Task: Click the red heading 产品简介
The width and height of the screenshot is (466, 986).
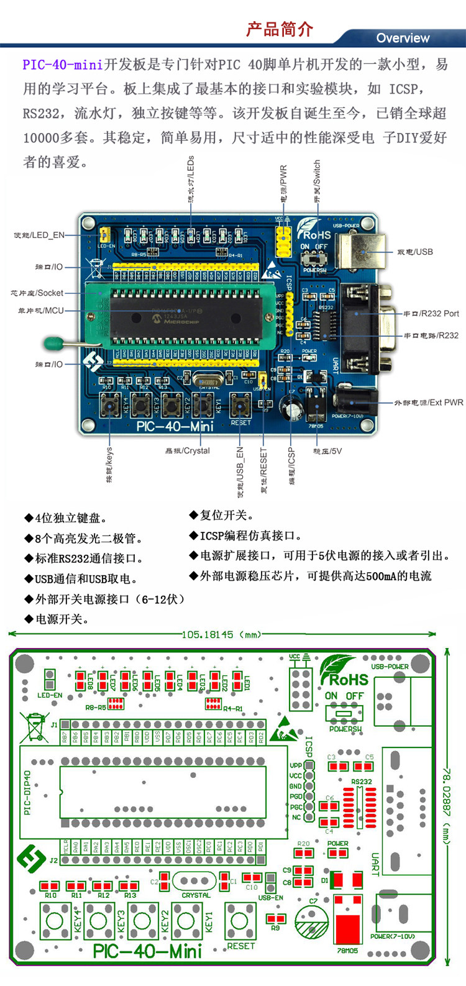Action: (x=280, y=29)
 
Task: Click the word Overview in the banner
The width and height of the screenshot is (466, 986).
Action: (x=403, y=38)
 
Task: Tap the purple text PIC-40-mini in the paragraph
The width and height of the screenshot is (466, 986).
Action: (x=63, y=65)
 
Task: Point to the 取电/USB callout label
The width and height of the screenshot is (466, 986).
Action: (x=415, y=252)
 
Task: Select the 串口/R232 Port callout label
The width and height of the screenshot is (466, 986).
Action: (x=431, y=314)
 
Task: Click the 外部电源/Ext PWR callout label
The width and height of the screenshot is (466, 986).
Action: (x=429, y=403)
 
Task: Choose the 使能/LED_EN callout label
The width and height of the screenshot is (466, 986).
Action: (x=39, y=235)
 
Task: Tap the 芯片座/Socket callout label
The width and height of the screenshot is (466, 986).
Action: (x=37, y=293)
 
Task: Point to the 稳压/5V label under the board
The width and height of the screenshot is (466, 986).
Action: (x=327, y=451)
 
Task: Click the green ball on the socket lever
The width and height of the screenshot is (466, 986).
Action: (x=52, y=343)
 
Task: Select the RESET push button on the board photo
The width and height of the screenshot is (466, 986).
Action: (x=240, y=406)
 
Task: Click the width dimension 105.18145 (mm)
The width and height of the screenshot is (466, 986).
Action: (x=221, y=634)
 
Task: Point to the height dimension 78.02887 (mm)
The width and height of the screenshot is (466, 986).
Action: (x=447, y=806)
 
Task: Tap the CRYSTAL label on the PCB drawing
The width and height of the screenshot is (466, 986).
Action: (x=196, y=895)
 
